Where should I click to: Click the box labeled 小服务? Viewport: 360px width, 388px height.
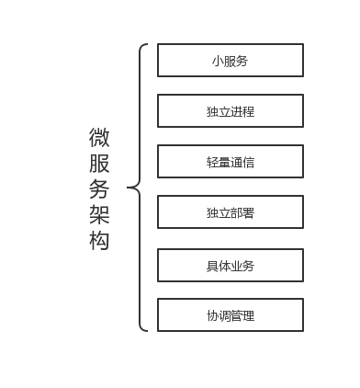231,61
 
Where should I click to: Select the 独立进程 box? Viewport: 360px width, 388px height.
231,111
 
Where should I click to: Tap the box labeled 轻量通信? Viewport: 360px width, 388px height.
231,162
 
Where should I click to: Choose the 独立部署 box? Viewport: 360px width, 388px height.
231,213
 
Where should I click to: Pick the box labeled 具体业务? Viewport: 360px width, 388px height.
231,266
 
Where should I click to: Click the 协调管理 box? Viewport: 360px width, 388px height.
231,315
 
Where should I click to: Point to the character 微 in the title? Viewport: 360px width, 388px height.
99,138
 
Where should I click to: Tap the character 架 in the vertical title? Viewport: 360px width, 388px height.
99,215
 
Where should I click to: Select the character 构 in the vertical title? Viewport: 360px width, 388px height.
99,241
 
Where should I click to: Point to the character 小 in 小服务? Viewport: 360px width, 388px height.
217,62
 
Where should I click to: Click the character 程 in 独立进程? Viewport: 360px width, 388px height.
248,112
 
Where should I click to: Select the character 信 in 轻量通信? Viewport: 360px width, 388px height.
248,163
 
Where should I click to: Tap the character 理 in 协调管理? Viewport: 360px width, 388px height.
248,316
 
